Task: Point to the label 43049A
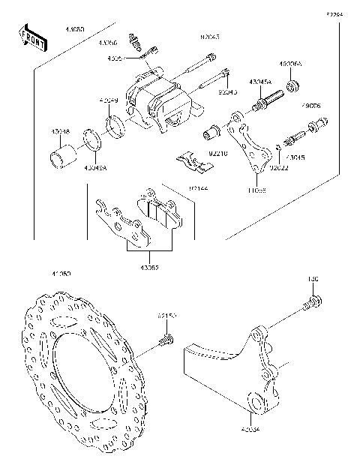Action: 95,169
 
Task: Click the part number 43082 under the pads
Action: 148,265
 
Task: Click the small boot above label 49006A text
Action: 294,84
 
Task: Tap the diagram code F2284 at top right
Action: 334,14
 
